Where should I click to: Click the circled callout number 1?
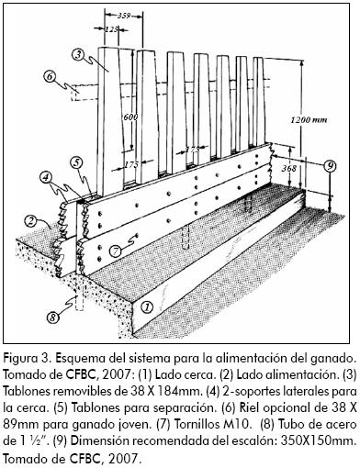[147, 306]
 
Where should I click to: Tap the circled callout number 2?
[29, 221]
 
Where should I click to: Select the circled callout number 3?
[78, 54]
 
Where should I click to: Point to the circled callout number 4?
[46, 177]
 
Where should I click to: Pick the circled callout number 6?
[50, 76]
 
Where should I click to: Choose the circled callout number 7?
[115, 251]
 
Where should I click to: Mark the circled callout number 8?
[52, 318]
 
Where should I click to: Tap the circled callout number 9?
[330, 166]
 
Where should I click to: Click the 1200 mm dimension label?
[309, 119]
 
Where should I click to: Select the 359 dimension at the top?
[124, 16]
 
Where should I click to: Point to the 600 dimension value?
[130, 117]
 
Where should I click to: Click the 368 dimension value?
[289, 168]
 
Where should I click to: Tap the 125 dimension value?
[111, 29]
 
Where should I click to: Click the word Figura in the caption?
[18, 359]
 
